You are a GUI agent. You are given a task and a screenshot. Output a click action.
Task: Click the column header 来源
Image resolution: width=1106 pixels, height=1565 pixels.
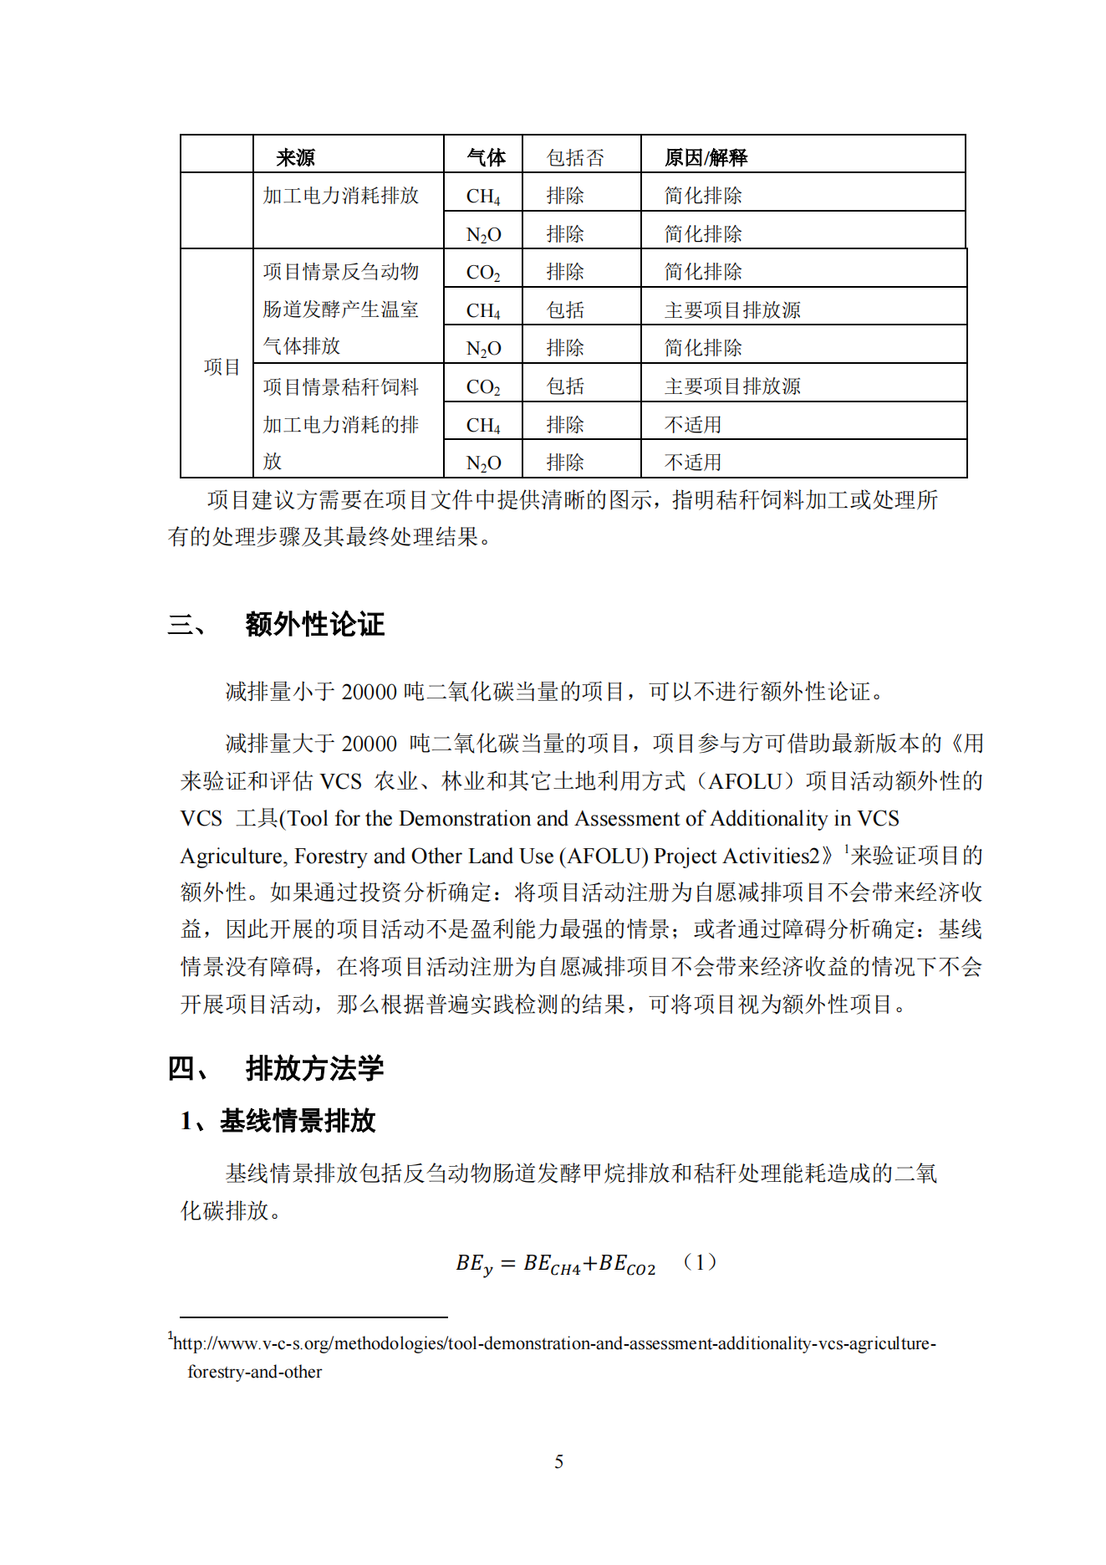(296, 157)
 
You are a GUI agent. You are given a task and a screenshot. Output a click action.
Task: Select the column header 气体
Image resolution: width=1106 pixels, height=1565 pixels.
(486, 157)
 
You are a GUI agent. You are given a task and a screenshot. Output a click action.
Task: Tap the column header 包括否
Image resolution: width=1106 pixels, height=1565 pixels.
(575, 157)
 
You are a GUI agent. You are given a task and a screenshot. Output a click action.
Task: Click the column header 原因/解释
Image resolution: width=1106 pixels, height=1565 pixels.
(706, 157)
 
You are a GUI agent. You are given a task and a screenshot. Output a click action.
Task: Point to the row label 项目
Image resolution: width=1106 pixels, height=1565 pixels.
(221, 366)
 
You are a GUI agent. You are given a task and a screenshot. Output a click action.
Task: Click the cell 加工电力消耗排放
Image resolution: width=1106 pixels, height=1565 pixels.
(340, 196)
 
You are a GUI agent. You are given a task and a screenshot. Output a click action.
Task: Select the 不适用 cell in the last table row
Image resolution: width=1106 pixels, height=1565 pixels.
(692, 462)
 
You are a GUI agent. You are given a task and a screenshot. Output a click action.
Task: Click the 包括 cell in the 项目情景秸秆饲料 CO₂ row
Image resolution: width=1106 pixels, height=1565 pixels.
(565, 386)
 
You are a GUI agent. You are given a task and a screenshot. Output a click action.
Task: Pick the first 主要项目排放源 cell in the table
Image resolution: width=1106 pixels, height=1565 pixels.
(732, 310)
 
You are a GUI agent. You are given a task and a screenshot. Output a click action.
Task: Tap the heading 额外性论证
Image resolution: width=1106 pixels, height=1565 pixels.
(314, 624)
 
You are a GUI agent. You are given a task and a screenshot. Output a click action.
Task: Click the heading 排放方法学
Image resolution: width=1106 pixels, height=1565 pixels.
(314, 1068)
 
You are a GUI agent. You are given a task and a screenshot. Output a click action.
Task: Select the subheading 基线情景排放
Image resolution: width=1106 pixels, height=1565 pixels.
(298, 1120)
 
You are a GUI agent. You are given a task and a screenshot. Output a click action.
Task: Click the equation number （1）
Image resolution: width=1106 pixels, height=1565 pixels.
(700, 1261)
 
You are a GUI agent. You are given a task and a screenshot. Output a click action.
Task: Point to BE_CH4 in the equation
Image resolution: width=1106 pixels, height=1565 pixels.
(552, 1264)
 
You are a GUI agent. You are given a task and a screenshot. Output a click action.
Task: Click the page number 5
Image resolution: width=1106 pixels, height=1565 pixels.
(558, 1461)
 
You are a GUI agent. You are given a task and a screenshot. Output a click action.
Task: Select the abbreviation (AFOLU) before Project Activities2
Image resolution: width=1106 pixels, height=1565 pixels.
(604, 856)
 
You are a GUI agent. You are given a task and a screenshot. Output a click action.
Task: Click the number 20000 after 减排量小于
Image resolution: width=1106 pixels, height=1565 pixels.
(370, 692)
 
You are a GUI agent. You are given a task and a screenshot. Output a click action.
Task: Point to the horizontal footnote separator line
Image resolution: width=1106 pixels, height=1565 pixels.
(313, 1317)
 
